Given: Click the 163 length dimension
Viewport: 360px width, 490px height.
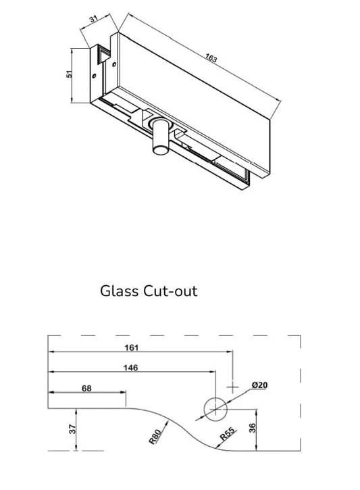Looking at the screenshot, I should pos(211,59).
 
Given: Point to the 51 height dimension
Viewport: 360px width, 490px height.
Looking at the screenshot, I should pos(70,74).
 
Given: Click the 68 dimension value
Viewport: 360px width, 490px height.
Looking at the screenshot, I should pos(86,389).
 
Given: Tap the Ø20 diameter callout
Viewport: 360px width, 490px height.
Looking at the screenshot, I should pos(260,385).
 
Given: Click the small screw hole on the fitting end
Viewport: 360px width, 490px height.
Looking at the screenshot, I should pos(114,66).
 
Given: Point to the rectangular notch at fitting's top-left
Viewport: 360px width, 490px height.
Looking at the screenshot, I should pos(105,55).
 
